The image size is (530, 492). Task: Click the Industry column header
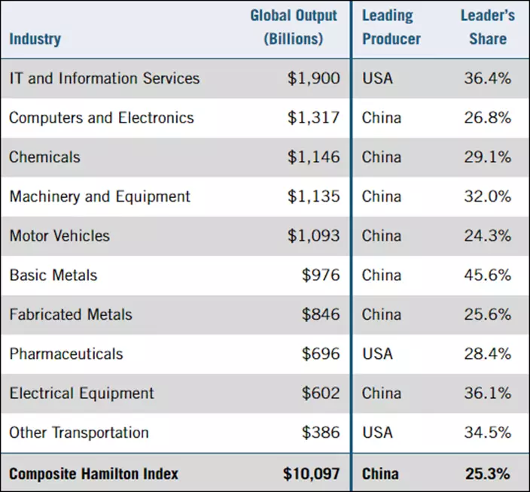click(x=35, y=38)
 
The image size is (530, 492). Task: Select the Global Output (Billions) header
click(x=294, y=27)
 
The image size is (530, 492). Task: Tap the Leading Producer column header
click(x=391, y=27)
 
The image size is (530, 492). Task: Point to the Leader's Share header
click(x=487, y=27)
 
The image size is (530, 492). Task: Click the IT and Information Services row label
click(x=105, y=78)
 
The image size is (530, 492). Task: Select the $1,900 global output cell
click(x=313, y=78)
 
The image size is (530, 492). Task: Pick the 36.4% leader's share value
click(x=487, y=78)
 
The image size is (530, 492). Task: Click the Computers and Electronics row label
click(x=102, y=118)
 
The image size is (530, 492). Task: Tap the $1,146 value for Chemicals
click(x=313, y=157)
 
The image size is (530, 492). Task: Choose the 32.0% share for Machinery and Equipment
click(x=487, y=196)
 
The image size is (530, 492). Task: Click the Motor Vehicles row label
click(x=59, y=235)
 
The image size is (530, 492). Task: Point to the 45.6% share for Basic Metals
click(x=487, y=275)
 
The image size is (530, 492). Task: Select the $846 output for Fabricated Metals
click(x=321, y=314)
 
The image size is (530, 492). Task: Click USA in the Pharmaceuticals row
click(x=377, y=354)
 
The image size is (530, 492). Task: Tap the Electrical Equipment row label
click(x=81, y=393)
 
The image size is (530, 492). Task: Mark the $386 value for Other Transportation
click(x=321, y=433)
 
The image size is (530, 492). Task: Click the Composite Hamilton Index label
click(x=94, y=473)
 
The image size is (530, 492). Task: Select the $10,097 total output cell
click(x=311, y=473)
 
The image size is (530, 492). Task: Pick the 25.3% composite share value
click(x=487, y=473)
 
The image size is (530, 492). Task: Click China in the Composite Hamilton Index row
click(x=382, y=473)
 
